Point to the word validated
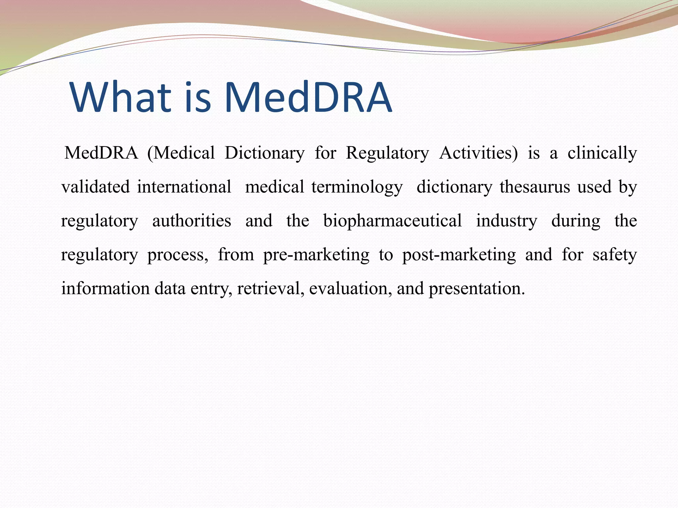[x=95, y=187]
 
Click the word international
[x=184, y=187]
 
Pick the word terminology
[x=357, y=188]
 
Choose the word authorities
[x=191, y=221]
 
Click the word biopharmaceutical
[x=392, y=221]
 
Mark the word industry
[x=507, y=221]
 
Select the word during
[x=576, y=221]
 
